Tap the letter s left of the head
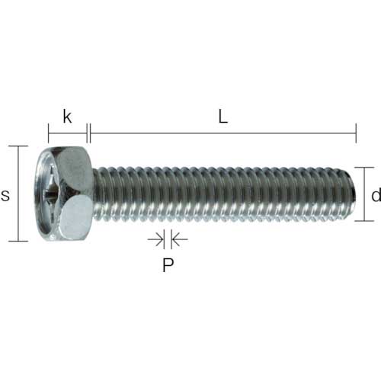point(6,195)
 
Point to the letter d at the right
point(374,195)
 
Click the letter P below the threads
point(168,266)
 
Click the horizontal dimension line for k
point(68,136)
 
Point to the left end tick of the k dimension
point(48,136)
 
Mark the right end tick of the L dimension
point(356,136)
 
